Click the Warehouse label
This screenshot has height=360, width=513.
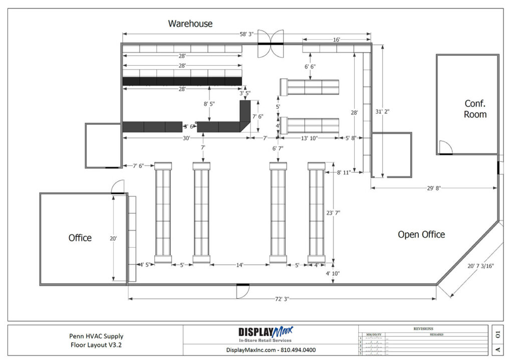click(190, 24)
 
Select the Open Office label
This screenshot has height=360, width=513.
click(421, 234)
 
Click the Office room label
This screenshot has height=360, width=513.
click(80, 238)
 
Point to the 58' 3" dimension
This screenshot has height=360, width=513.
click(246, 34)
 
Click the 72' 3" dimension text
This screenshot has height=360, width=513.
click(282, 299)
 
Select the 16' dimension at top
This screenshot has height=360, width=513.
click(336, 39)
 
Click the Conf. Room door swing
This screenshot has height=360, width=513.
click(445, 147)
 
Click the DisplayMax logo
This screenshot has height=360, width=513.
click(266, 334)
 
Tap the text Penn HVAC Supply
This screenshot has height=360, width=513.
click(96, 336)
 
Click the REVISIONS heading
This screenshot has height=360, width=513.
click(423, 328)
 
